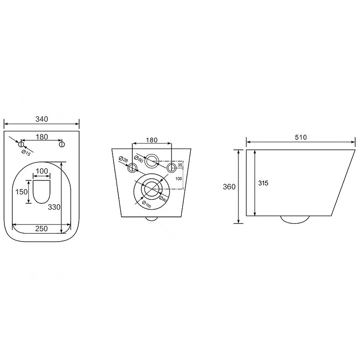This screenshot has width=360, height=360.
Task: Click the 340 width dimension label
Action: (42, 119)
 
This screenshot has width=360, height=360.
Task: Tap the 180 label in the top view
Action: (42, 137)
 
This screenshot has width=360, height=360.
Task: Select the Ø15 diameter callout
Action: (26, 153)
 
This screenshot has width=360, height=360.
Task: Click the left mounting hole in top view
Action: (21, 144)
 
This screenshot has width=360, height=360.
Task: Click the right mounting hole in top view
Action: (62, 144)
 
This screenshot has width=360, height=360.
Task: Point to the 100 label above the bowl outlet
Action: (42, 171)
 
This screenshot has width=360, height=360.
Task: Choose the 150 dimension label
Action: (21, 192)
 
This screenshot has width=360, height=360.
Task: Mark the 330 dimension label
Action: (54, 207)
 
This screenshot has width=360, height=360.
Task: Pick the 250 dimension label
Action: (41, 229)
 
